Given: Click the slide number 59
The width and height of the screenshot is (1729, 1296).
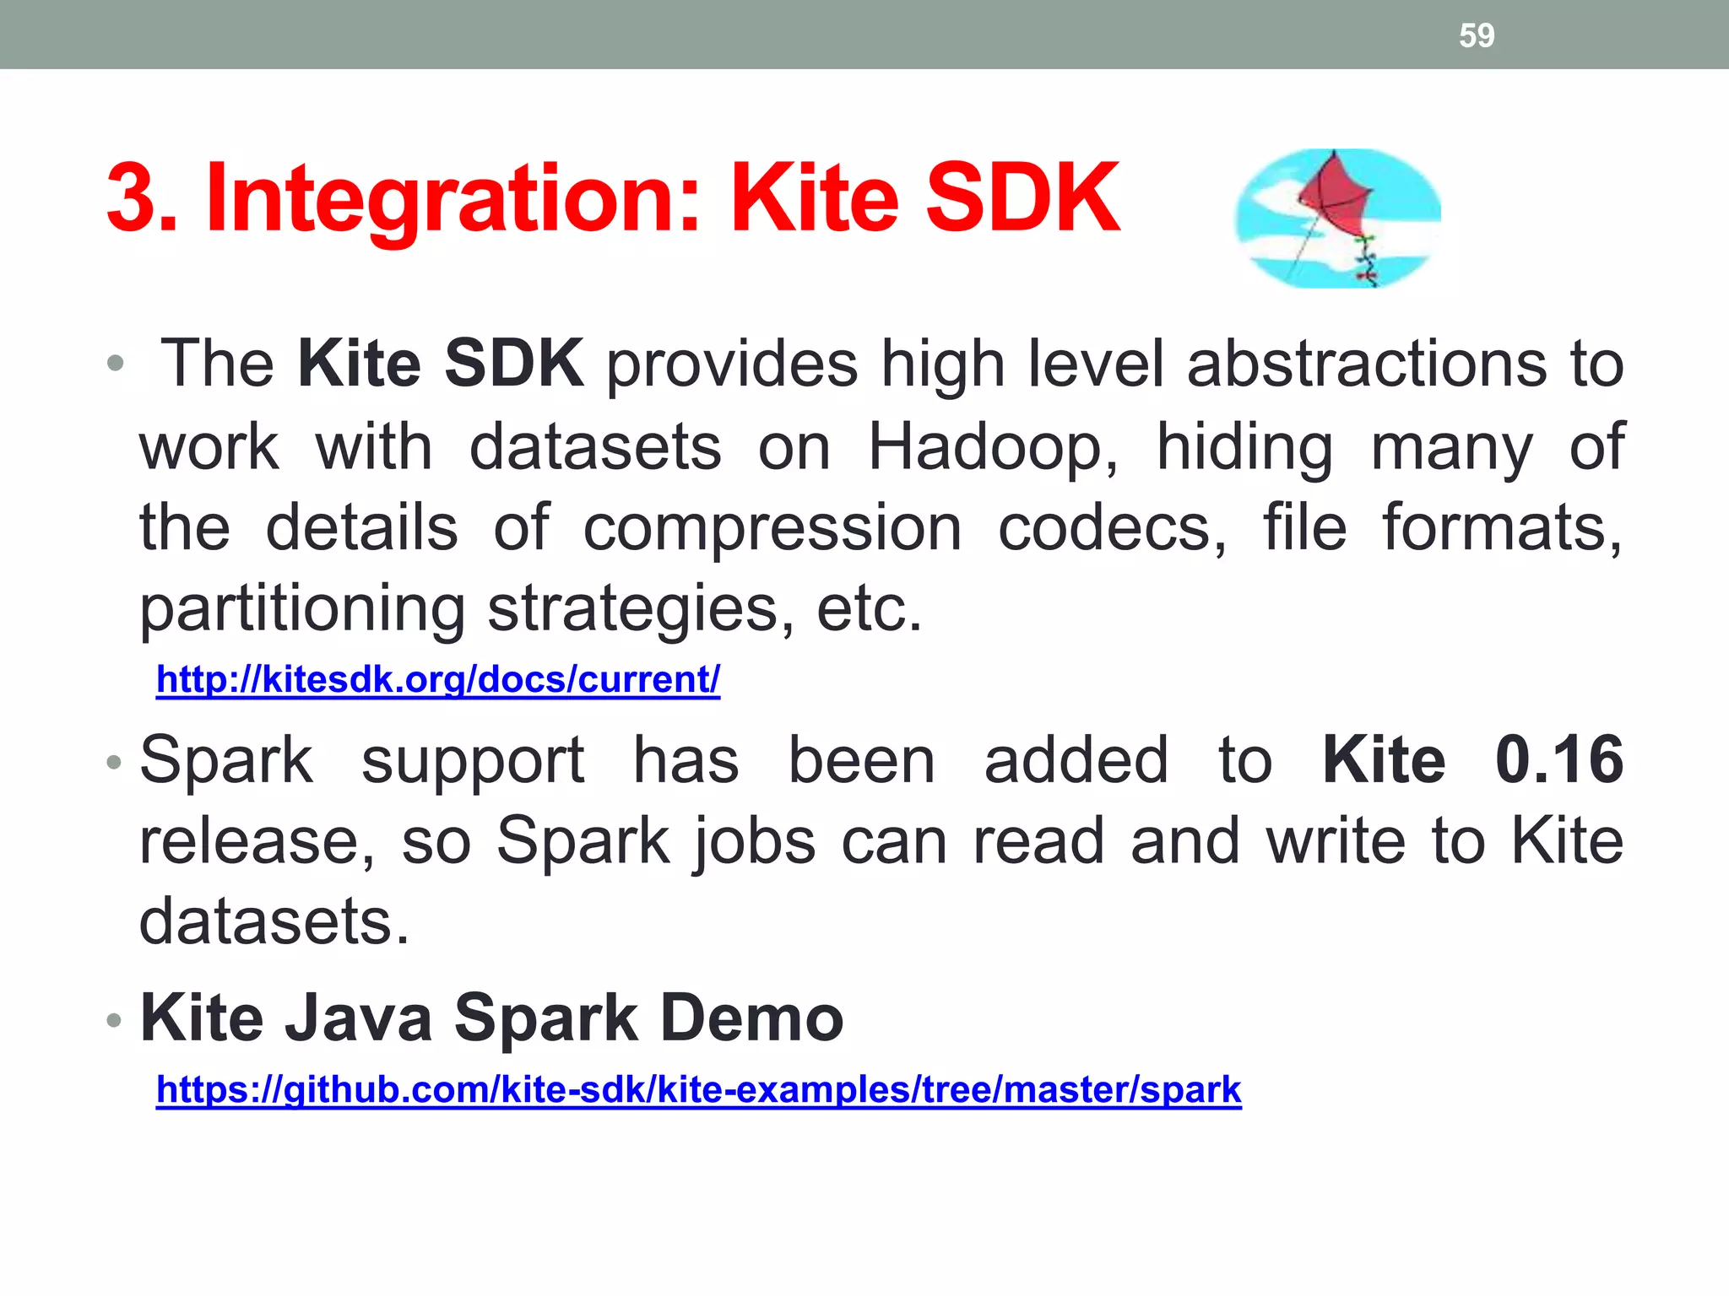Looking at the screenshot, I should click(x=1477, y=35).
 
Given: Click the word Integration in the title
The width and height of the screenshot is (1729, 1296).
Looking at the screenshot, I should click(x=453, y=199).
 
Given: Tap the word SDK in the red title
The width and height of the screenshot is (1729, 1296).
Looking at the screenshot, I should click(x=1022, y=199).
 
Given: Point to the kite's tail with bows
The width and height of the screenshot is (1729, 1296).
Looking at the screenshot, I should click(x=1365, y=262).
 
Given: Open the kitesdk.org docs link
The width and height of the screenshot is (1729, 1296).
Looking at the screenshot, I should click(x=438, y=680).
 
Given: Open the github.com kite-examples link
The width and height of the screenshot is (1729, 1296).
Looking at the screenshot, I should click(x=698, y=1090).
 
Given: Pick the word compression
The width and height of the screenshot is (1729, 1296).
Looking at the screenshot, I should click(x=772, y=529).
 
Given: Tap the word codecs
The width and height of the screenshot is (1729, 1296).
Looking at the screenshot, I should click(x=1112, y=529).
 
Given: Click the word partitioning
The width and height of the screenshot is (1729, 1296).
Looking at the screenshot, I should click(x=302, y=609).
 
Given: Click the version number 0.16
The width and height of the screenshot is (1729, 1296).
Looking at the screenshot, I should click(x=1558, y=760).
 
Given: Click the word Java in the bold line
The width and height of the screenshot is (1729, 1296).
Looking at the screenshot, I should click(x=358, y=1018).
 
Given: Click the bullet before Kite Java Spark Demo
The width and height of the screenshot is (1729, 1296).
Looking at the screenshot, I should click(x=114, y=1021).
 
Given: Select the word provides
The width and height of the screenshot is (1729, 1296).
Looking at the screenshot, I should click(x=732, y=364).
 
